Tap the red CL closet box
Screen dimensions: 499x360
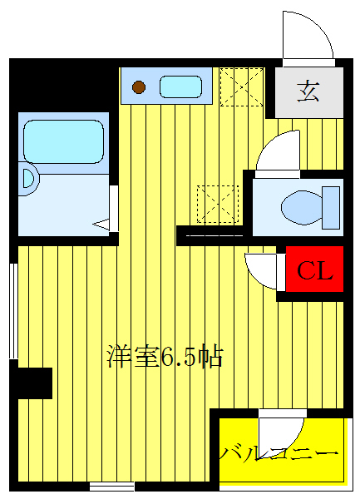315,270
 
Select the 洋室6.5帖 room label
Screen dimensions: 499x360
165,357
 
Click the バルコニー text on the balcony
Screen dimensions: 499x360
279,453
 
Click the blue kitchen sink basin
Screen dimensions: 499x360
180,86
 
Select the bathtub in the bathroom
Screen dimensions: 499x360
63,141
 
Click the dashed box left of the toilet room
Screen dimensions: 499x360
217,205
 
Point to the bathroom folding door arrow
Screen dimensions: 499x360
102,224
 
